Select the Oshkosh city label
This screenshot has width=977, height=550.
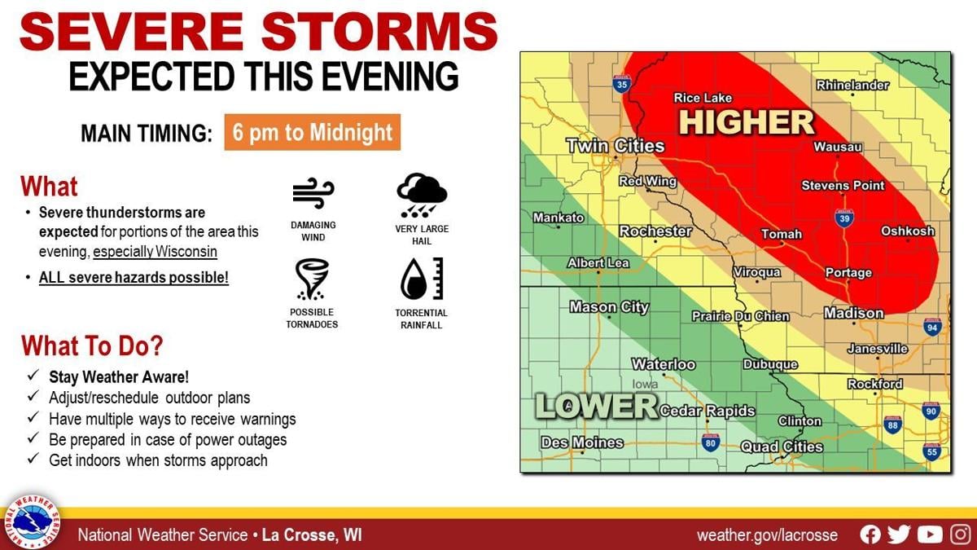(908, 231)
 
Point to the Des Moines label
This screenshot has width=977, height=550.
(582, 443)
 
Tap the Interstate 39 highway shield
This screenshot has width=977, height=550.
(844, 218)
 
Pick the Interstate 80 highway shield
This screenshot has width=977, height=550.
(711, 442)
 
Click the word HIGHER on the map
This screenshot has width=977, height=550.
(747, 122)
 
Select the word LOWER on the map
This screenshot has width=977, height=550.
(596, 406)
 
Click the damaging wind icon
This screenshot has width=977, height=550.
(313, 194)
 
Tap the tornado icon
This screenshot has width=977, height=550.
(312, 279)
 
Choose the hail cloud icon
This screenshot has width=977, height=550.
(421, 194)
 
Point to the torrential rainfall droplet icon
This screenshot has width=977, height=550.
(421, 279)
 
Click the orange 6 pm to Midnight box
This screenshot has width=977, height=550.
(313, 132)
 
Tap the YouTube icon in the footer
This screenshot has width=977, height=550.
(929, 535)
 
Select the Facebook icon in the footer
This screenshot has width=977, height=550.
(870, 535)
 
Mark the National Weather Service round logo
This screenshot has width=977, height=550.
(33, 521)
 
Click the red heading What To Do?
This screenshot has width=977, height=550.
(92, 345)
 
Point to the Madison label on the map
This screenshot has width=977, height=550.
(853, 313)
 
